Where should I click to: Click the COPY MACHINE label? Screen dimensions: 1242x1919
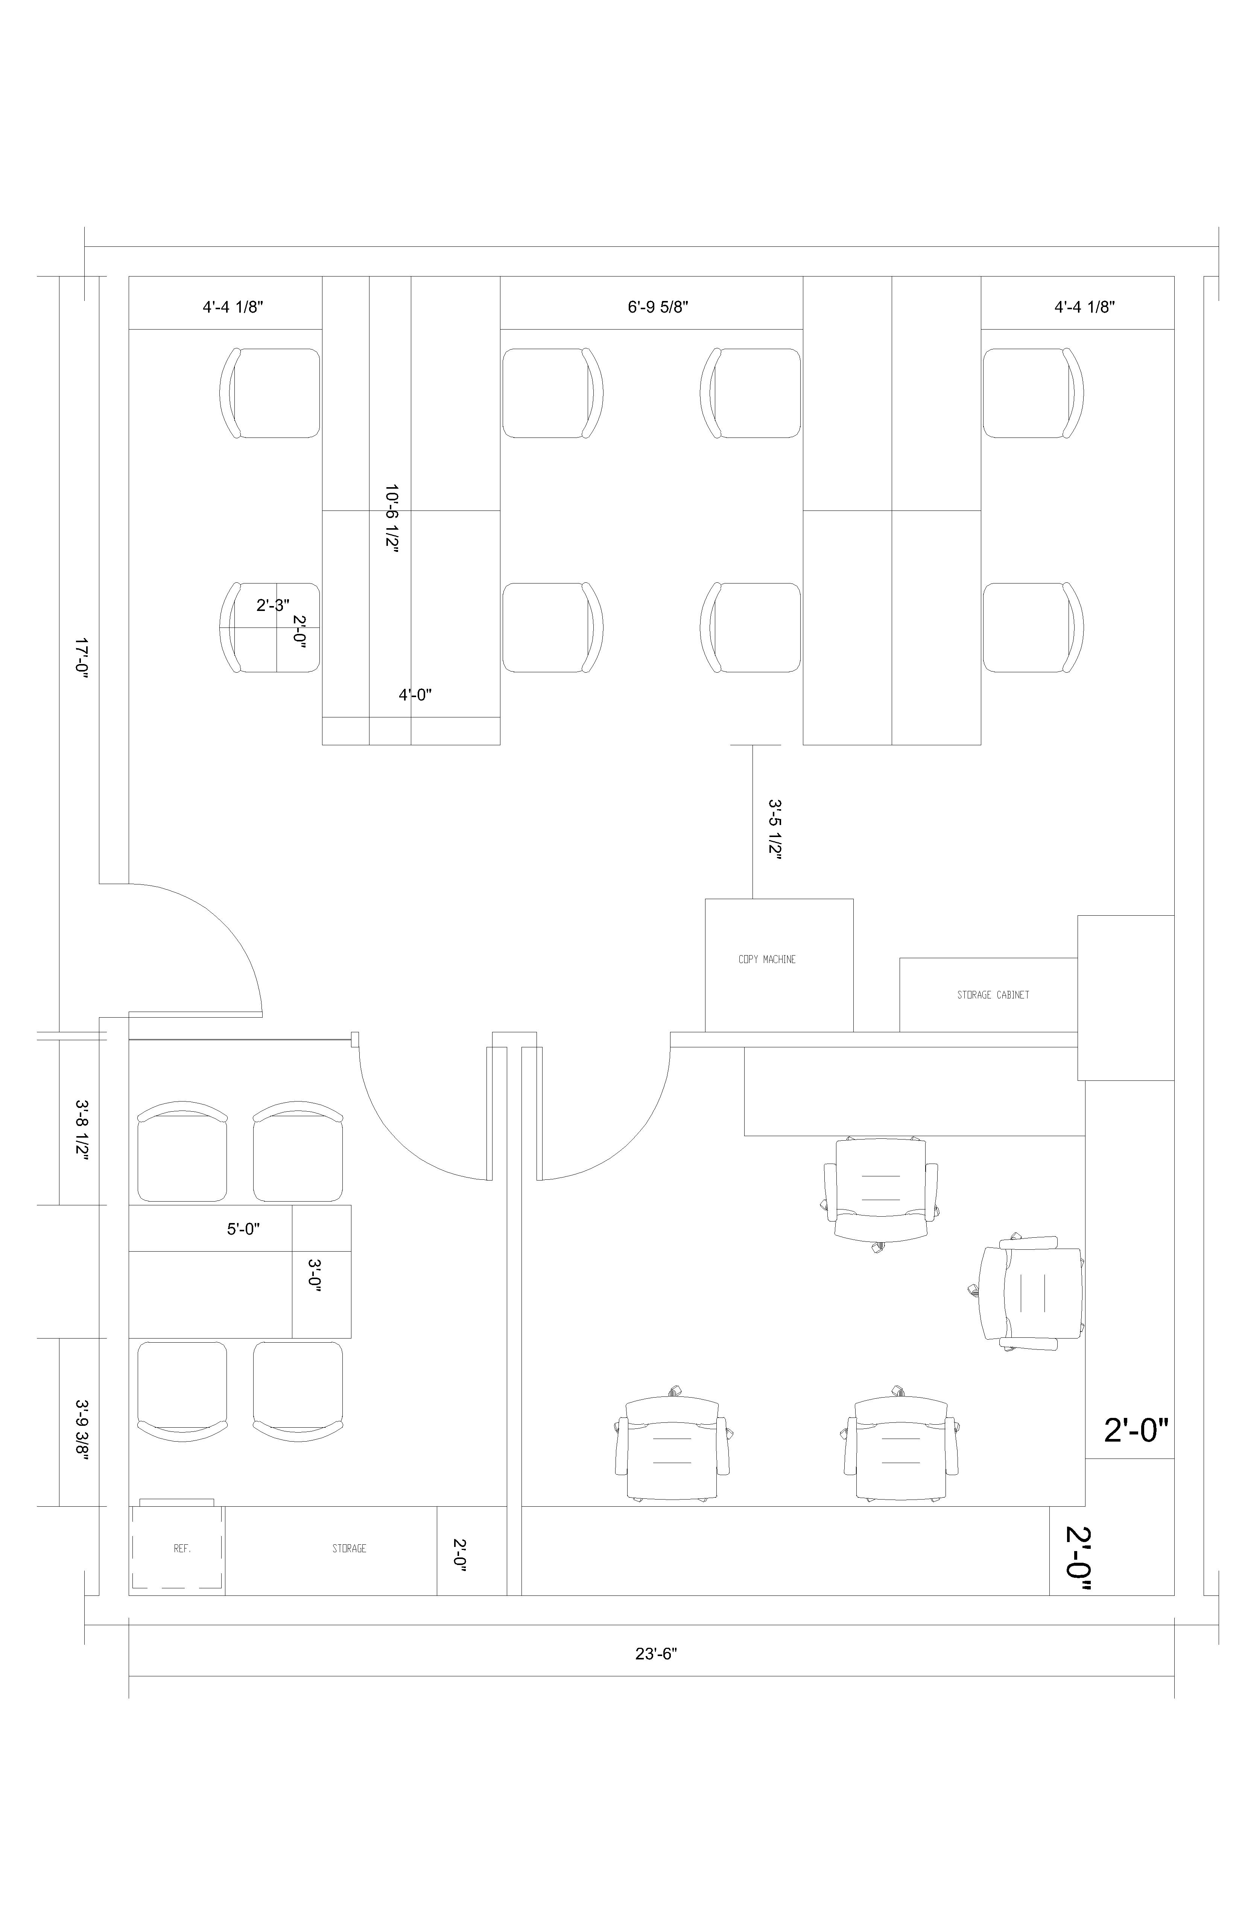pyautogui.click(x=767, y=959)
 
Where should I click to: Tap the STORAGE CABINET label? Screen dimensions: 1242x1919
pyautogui.click(x=993, y=995)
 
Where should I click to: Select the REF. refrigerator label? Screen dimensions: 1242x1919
pyautogui.click(x=182, y=1549)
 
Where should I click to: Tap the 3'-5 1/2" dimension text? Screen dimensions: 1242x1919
pyautogui.click(x=775, y=831)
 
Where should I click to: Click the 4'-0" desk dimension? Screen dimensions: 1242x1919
pyautogui.click(x=415, y=694)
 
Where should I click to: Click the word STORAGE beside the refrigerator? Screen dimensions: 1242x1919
pyautogui.click(x=349, y=1549)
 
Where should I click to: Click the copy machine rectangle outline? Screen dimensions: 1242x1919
pyautogui.click(x=779, y=899)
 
